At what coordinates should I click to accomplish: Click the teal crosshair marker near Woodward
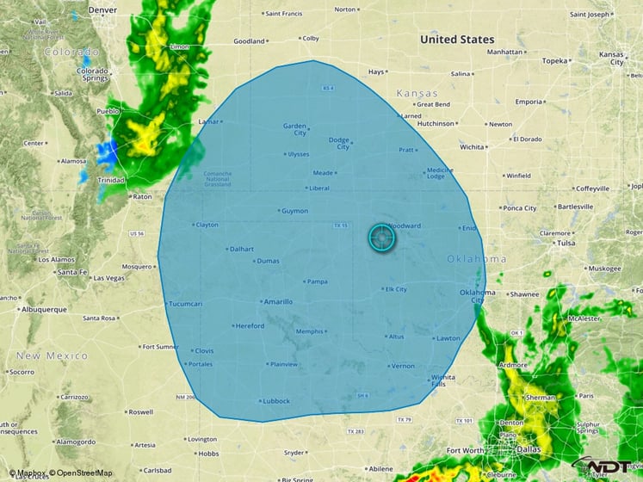click(x=381, y=238)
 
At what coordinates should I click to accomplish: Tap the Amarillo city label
click(x=279, y=302)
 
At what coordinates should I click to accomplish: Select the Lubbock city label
click(x=277, y=401)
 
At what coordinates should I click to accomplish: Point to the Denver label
click(x=102, y=9)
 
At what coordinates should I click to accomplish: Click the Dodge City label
click(x=339, y=143)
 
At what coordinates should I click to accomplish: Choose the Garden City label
click(x=295, y=129)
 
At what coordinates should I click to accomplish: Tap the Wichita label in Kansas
click(x=472, y=147)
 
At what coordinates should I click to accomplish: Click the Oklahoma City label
click(x=477, y=295)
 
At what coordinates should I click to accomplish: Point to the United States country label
click(x=457, y=40)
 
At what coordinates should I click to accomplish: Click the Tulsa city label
click(x=566, y=243)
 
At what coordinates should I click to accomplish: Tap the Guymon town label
click(x=295, y=211)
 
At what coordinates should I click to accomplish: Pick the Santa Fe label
click(x=72, y=272)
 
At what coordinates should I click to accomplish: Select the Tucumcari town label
click(x=184, y=304)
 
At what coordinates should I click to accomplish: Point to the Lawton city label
click(x=448, y=338)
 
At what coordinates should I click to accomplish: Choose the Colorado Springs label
click(x=92, y=75)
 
